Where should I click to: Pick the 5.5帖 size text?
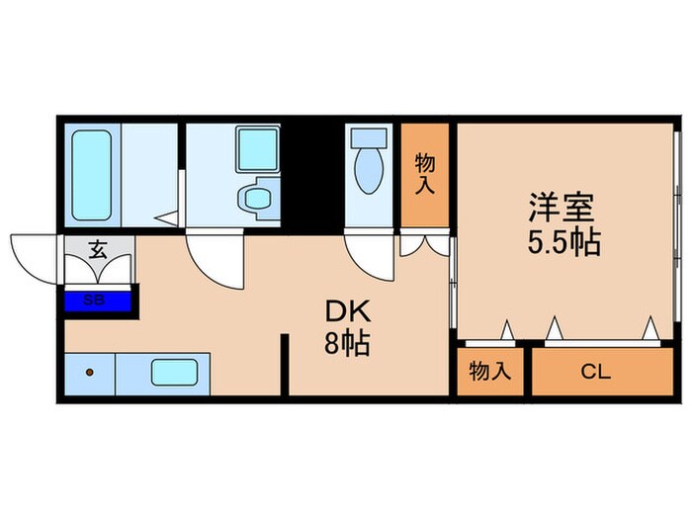click(564, 242)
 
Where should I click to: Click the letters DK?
click(347, 311)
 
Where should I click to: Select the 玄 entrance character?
click(99, 250)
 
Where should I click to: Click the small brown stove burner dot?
click(90, 373)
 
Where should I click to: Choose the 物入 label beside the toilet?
click(425, 173)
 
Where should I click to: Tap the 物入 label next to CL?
click(488, 372)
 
